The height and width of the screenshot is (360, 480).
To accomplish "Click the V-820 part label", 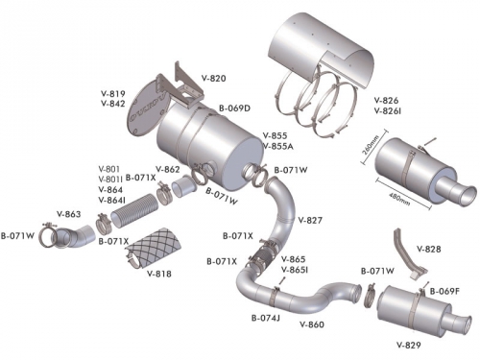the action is (x=213, y=79).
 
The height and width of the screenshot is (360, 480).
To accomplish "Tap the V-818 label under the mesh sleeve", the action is (x=159, y=274).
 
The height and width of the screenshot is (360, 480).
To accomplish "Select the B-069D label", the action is (x=234, y=108).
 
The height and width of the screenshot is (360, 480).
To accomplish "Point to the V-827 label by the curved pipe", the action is (x=310, y=220).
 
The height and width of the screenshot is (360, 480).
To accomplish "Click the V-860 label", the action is (x=312, y=324).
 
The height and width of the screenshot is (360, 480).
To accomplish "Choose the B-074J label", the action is (x=266, y=318).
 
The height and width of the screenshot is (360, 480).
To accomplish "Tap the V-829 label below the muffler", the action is (x=409, y=345).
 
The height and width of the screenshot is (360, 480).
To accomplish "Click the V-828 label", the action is (x=429, y=249).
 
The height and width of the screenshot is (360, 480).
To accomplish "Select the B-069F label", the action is (x=444, y=292).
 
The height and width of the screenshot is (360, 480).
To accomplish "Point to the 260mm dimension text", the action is (x=371, y=145).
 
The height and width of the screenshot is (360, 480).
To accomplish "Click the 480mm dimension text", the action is (x=399, y=199).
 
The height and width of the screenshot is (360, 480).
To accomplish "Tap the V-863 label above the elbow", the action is (x=68, y=214).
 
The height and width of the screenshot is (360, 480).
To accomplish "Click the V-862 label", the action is (x=168, y=169).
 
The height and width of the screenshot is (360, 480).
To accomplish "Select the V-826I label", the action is (x=388, y=111).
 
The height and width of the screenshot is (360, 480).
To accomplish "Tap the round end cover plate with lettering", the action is (x=148, y=108).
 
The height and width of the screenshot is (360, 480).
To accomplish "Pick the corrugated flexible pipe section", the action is (x=135, y=210).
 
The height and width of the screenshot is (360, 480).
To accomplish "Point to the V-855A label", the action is (x=277, y=146).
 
